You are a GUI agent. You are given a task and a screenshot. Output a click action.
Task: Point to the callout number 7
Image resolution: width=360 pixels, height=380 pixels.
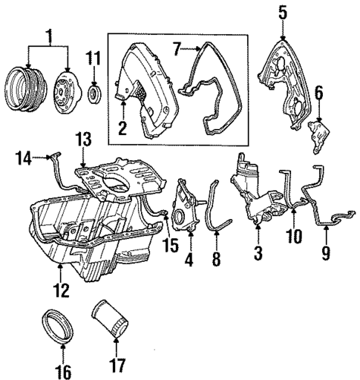[176, 50]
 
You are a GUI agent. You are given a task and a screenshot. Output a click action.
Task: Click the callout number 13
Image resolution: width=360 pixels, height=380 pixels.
[84, 139]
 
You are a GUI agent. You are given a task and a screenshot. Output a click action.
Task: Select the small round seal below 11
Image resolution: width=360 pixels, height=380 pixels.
[95, 94]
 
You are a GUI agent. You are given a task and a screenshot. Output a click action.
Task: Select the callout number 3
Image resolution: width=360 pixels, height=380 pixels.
[258, 254]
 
